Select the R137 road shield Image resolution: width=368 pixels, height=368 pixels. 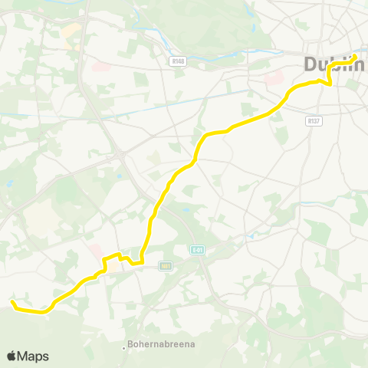point(313,120)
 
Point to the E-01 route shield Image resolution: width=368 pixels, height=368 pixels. point(198,249)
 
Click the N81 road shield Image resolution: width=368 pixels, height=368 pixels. point(165,265)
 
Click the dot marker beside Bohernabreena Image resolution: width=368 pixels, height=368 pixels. point(124,347)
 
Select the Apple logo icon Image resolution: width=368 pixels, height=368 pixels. point(12,356)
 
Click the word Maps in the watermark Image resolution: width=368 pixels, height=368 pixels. point(34,356)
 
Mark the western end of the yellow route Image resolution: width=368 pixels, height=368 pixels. point(13,304)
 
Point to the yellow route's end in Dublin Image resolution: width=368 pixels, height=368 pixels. point(355,55)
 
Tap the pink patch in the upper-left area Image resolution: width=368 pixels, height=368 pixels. point(100,67)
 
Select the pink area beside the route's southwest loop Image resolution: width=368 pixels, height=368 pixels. point(96,251)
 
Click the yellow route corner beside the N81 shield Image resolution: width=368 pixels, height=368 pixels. point(143,263)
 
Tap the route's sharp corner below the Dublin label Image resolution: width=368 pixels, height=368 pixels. point(330,84)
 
